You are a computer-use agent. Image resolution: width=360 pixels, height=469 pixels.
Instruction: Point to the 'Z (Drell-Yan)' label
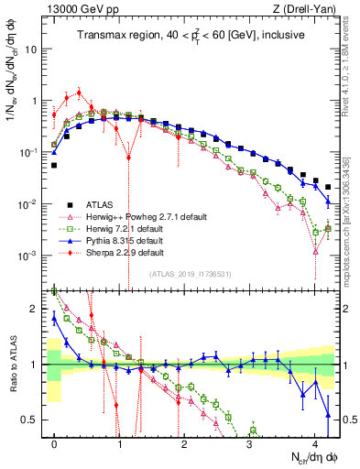[310, 10]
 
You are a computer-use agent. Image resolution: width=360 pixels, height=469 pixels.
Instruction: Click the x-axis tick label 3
[249, 442]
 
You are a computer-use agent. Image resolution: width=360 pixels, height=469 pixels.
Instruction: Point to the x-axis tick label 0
[54, 442]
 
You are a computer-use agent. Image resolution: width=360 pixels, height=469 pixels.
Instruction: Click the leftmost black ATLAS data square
[54, 166]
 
